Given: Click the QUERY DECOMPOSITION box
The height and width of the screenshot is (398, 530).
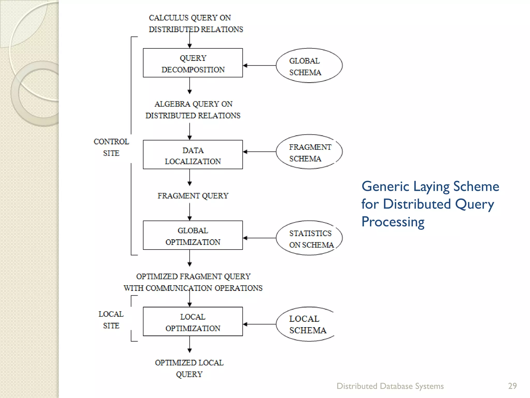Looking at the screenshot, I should pyautogui.click(x=193, y=63).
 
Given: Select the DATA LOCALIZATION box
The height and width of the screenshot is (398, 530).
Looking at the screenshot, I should pyautogui.click(x=193, y=155).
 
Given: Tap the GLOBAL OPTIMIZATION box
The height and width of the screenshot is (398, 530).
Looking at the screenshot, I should pyautogui.click(x=193, y=236).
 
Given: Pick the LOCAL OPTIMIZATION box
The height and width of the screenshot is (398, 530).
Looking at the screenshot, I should pyautogui.click(x=193, y=322).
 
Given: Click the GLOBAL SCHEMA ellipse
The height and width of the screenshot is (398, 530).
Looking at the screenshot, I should pyautogui.click(x=309, y=66).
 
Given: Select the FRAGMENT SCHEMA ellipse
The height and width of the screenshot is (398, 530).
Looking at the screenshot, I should pyautogui.click(x=309, y=152).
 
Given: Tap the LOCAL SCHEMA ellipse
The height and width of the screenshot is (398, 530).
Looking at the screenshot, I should pyautogui.click(x=306, y=324).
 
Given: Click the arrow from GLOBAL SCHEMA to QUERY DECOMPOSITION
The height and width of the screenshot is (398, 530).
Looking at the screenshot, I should pyautogui.click(x=260, y=66).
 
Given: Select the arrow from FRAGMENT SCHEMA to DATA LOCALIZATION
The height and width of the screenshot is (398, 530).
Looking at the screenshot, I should pyautogui.click(x=260, y=152).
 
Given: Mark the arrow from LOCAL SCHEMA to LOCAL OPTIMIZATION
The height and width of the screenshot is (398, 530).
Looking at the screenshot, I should pyautogui.click(x=260, y=324).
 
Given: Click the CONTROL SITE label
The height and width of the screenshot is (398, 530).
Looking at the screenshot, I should pyautogui.click(x=111, y=147).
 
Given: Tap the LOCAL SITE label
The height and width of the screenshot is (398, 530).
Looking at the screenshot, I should pyautogui.click(x=111, y=319).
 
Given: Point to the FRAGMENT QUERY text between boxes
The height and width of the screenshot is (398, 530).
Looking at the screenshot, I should pyautogui.click(x=193, y=196).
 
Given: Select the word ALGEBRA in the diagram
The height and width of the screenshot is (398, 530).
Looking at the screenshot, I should pyautogui.click(x=172, y=104).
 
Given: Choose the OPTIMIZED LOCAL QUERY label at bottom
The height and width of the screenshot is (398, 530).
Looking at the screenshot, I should pyautogui.click(x=189, y=368).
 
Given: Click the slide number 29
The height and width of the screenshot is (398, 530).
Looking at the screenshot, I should pyautogui.click(x=512, y=386).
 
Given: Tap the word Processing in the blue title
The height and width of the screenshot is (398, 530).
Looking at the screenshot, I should pyautogui.click(x=393, y=222).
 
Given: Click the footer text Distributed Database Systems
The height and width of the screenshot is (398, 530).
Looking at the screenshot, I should pyautogui.click(x=390, y=386).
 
